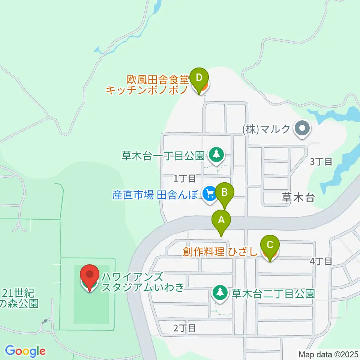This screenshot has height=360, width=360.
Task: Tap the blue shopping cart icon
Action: (x=209, y=193)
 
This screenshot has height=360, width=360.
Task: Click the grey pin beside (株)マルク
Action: (x=303, y=129)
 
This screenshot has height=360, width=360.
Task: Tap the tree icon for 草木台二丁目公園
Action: (x=220, y=292)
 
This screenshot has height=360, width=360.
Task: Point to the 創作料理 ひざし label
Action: (x=220, y=252)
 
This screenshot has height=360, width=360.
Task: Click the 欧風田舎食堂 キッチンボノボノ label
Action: (x=147, y=85)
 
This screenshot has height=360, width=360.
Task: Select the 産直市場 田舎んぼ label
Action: (x=154, y=195)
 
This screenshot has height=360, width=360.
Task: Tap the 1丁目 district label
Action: (x=184, y=178)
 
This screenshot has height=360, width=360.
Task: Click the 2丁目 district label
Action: (x=184, y=328)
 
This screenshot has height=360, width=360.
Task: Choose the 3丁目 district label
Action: (x=321, y=162)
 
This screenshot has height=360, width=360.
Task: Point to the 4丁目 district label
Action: (x=321, y=261)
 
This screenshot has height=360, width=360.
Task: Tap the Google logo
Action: (x=25, y=351)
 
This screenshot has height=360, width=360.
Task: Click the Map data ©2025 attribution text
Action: (x=328, y=354)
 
